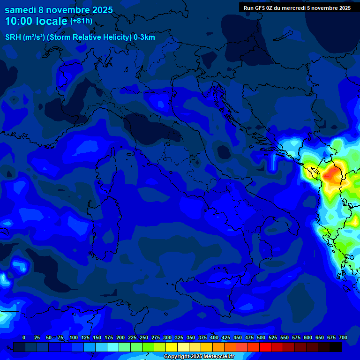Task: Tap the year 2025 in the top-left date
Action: pos(100,9)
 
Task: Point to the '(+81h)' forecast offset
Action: pos(81,21)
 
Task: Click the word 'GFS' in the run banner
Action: pos(266,7)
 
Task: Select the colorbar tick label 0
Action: pos(24,337)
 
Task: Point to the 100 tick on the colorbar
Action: pos(74,337)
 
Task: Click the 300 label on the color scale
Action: pos(167,337)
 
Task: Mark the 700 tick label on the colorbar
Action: pos(343,337)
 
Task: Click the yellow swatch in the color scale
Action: pos(172,347)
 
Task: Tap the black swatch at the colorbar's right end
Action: pos(336,347)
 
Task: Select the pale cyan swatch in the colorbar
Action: pos(113,347)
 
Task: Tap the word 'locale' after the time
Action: pos(51,22)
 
